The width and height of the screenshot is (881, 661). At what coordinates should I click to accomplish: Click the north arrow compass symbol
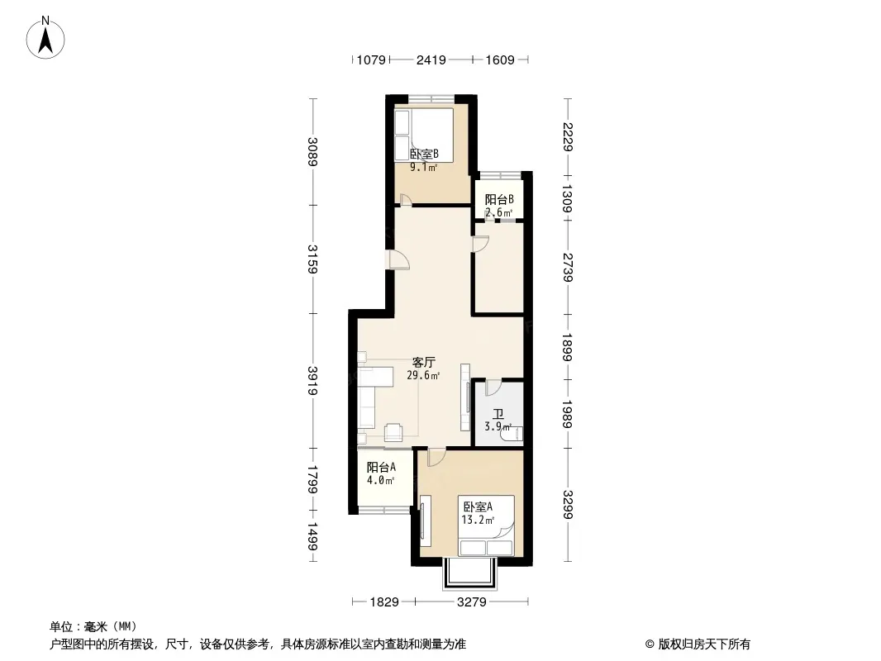(x=45, y=38)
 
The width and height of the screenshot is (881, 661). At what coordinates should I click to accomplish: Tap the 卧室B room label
(x=424, y=154)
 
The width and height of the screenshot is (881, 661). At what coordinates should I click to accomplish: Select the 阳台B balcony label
(x=499, y=199)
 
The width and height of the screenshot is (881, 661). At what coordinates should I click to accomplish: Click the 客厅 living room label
(x=424, y=362)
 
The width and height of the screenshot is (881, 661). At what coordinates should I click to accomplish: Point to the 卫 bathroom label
(x=498, y=415)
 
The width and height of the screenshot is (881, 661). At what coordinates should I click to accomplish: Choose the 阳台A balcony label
(x=382, y=468)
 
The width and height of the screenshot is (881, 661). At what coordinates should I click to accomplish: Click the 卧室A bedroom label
(x=478, y=506)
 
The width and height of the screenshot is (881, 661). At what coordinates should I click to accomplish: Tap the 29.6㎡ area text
(x=424, y=376)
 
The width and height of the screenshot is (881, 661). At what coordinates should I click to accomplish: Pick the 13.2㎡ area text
(x=479, y=520)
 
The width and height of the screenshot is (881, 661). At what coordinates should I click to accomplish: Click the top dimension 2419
(x=431, y=59)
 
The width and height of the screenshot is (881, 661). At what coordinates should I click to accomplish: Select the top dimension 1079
(x=371, y=59)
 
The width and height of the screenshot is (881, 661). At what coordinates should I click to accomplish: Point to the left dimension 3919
(x=313, y=381)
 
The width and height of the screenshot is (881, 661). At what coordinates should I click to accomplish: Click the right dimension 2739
(x=568, y=268)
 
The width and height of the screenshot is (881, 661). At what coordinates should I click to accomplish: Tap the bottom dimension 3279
(x=471, y=602)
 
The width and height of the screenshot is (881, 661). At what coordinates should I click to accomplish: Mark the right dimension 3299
(x=568, y=505)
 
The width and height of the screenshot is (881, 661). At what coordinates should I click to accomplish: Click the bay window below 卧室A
(x=470, y=573)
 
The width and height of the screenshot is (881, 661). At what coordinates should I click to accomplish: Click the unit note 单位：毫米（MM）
(x=93, y=627)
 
